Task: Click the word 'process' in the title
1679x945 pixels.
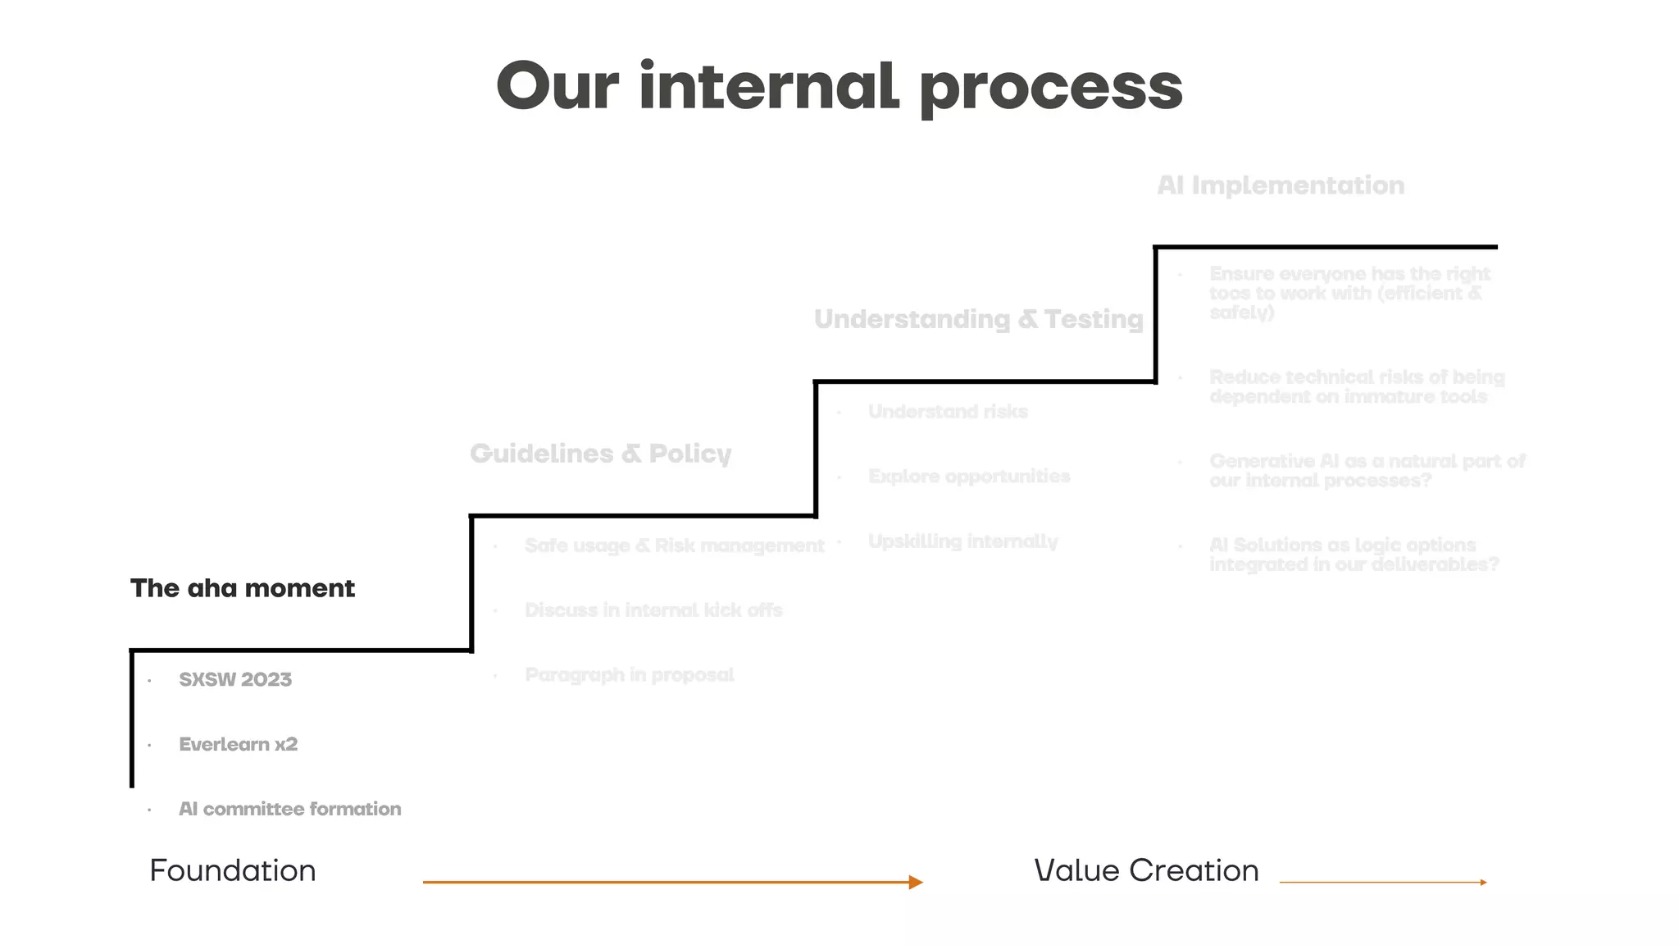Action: click(x=1051, y=89)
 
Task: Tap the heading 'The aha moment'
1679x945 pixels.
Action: click(x=243, y=588)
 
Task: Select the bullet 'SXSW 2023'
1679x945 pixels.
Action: click(x=235, y=679)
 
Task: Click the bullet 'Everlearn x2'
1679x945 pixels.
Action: click(x=238, y=744)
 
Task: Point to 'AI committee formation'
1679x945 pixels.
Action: click(x=289, y=809)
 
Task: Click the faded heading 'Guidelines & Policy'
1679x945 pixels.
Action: click(x=600, y=454)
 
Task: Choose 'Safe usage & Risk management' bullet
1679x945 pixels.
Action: click(x=674, y=546)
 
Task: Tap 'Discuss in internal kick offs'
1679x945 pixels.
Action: click(x=653, y=610)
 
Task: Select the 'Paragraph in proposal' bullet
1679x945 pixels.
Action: click(x=629, y=675)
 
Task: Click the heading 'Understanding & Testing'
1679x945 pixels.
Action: click(x=978, y=319)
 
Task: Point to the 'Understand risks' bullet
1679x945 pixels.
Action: click(x=948, y=412)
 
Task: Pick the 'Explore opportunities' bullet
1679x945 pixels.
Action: click(x=969, y=477)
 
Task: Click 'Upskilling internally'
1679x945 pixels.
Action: click(x=962, y=541)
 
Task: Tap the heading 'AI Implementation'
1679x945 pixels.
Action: click(x=1281, y=185)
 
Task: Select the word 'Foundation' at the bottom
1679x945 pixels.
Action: click(x=233, y=870)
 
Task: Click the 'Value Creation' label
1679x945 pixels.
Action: click(x=1146, y=870)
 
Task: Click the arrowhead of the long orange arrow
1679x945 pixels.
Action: click(x=916, y=883)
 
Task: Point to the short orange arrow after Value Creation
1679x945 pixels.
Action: click(x=1383, y=883)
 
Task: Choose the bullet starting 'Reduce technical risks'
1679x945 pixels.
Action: click(x=1357, y=386)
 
